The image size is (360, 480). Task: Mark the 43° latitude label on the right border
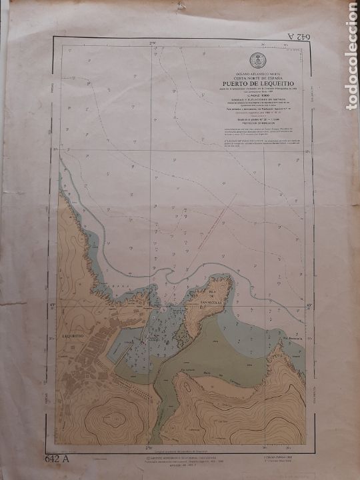coord(309,306)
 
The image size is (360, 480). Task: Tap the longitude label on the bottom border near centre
coord(151,447)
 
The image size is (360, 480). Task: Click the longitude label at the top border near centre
coord(152,45)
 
